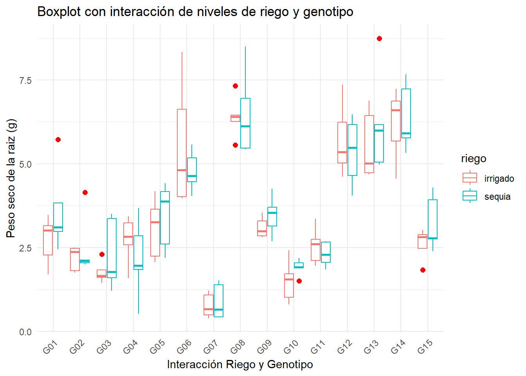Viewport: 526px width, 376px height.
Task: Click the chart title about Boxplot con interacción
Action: (x=195, y=12)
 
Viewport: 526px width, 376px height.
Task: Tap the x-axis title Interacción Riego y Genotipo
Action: (x=240, y=365)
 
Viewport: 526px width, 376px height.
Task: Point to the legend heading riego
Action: (x=474, y=159)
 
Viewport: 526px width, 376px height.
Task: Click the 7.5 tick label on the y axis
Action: (x=25, y=80)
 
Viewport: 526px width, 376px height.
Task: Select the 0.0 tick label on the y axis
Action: (x=25, y=332)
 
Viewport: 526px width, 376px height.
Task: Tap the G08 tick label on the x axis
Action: (x=237, y=347)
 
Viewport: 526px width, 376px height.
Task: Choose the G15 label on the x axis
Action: (x=425, y=347)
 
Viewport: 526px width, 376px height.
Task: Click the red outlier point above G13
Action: (x=379, y=38)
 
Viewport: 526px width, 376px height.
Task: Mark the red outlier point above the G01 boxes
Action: (x=58, y=139)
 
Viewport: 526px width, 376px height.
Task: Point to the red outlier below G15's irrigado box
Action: (x=423, y=270)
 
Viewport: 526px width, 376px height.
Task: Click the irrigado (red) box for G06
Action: (x=182, y=153)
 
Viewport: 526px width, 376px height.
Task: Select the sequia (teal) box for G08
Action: (x=245, y=123)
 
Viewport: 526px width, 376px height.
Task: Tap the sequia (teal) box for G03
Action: (x=112, y=248)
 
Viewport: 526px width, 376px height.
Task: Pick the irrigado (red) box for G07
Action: (x=209, y=305)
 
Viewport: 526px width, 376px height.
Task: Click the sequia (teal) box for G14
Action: (x=406, y=113)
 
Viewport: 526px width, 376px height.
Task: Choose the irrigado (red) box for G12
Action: (x=342, y=143)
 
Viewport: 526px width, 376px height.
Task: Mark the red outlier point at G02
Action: (x=85, y=192)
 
